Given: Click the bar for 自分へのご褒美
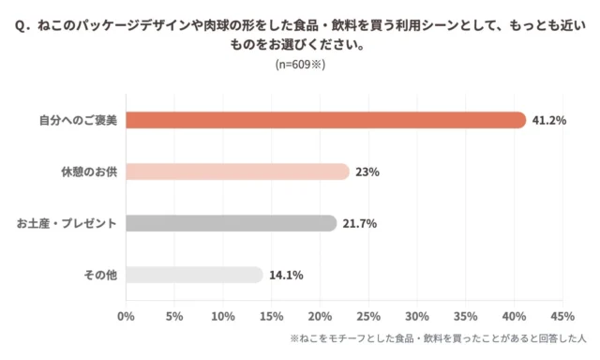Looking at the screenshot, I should [325, 120].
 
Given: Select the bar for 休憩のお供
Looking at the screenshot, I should [236, 172].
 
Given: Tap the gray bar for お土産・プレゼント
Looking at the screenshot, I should [230, 223].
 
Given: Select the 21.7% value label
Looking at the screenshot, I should [358, 223].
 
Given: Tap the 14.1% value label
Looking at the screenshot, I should [285, 275].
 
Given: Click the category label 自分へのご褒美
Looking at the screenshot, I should [78, 120].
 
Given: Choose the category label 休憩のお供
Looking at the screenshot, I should [87, 172].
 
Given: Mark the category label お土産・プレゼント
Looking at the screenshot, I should [66, 223].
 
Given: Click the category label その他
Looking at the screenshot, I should [99, 275].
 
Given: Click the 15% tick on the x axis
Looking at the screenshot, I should [271, 316].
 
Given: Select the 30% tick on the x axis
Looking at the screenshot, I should [416, 316].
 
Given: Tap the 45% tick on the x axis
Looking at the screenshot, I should [562, 316].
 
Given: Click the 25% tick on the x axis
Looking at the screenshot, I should [367, 316].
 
